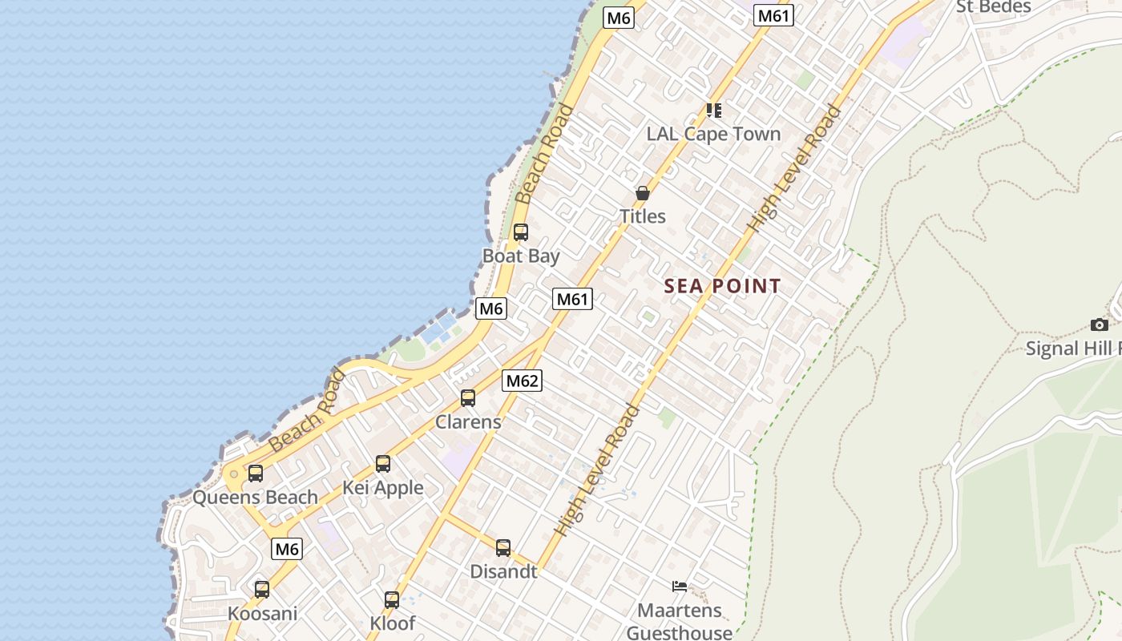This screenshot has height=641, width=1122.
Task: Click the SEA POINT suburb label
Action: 723,286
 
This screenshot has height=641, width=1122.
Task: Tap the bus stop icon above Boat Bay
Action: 521,233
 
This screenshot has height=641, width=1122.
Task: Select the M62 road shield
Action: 522,381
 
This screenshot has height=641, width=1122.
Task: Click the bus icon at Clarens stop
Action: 468,398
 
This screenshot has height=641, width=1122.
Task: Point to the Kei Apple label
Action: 383,488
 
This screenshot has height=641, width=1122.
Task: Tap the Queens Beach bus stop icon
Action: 256,474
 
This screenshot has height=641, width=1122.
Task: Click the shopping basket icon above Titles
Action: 642,193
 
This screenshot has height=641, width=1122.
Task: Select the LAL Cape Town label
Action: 713,134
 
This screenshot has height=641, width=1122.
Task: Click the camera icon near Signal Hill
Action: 1100,325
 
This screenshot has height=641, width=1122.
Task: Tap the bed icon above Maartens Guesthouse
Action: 680,587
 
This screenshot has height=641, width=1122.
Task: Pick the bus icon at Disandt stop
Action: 503,549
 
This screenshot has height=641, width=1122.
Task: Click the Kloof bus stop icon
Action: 392,600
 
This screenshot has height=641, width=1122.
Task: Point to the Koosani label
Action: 262,614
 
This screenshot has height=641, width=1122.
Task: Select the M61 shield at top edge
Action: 774,15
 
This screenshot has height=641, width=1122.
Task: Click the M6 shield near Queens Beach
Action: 287,549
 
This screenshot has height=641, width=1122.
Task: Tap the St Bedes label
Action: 993,6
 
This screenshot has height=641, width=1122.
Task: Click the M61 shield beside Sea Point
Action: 572,300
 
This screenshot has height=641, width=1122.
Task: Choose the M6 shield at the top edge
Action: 619,18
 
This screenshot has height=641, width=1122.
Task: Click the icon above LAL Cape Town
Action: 713,110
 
